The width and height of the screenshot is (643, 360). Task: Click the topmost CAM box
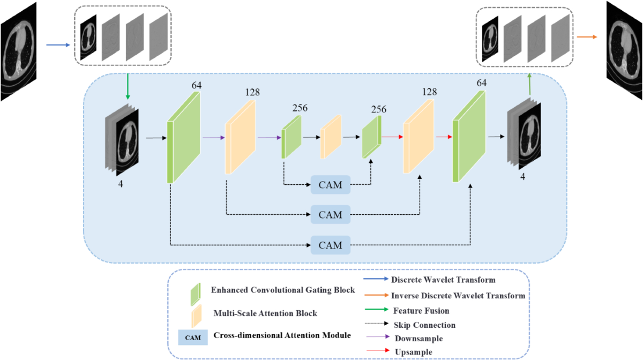coord(330,185)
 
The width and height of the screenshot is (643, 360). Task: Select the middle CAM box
coord(330,215)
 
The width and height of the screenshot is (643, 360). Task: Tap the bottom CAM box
coord(330,245)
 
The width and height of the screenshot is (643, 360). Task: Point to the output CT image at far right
coord(624,50)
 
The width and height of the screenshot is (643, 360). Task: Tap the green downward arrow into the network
coord(128,86)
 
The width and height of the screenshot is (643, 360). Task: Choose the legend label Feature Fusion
coord(421,310)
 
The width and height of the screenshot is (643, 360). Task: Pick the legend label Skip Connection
coord(424,325)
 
